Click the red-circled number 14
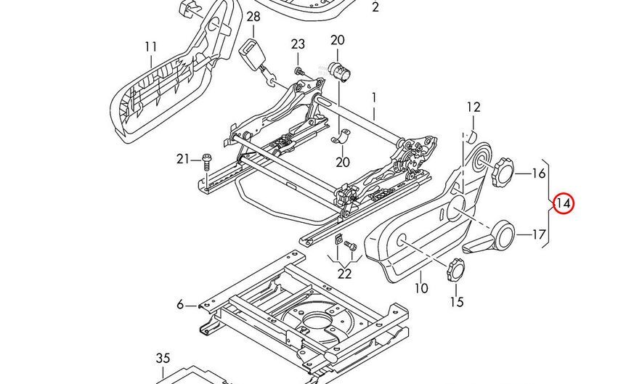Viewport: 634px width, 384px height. click(563, 204)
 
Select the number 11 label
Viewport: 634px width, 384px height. click(150, 47)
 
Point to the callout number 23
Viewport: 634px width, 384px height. click(298, 44)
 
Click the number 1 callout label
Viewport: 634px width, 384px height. click(374, 97)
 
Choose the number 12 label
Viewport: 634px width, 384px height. click(474, 107)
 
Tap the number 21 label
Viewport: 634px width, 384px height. click(183, 159)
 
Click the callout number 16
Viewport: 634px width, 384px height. click(538, 173)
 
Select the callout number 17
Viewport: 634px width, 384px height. click(538, 234)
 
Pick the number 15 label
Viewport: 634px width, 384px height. click(455, 302)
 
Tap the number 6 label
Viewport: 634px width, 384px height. click(180, 304)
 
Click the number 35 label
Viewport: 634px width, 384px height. click(163, 359)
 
